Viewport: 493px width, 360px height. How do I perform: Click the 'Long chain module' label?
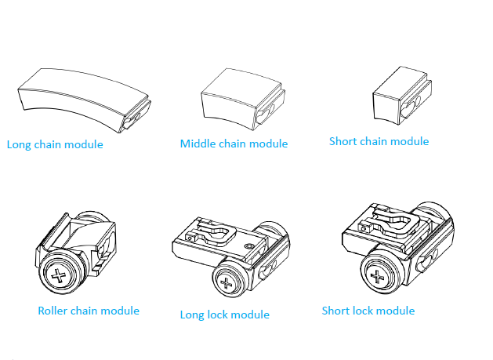pyautogui.click(x=55, y=144)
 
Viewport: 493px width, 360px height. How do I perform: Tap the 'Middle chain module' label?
pyautogui.click(x=234, y=144)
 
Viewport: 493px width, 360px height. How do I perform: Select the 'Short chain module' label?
pyautogui.click(x=379, y=141)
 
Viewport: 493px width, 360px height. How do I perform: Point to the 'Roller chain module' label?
pyautogui.click(x=89, y=311)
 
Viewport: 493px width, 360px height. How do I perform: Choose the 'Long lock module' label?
pyautogui.click(x=224, y=315)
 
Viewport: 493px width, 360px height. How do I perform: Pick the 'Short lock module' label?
pyautogui.click(x=368, y=311)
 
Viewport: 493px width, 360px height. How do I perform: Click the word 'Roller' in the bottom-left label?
pyautogui.click(x=54, y=311)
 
